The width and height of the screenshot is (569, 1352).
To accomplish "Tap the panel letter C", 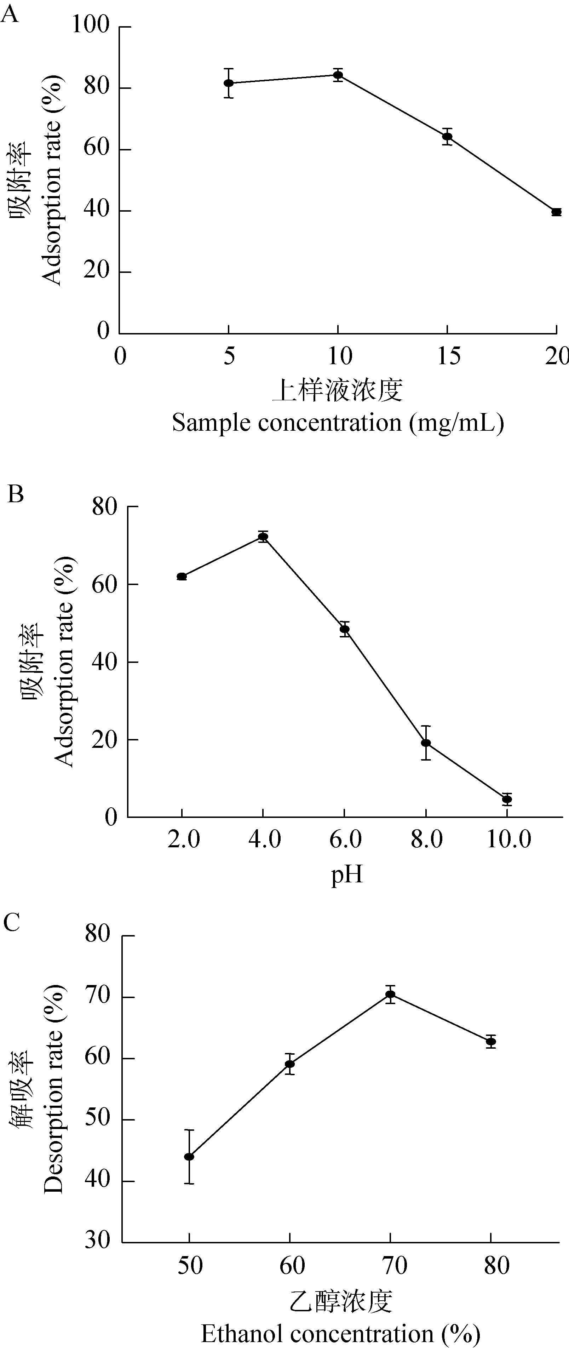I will [x=12, y=922].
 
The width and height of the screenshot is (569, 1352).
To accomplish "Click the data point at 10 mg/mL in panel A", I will [x=338, y=75].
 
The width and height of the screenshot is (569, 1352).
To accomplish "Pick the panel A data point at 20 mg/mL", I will [x=556, y=212].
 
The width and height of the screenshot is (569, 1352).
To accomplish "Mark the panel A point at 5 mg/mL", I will [x=228, y=83].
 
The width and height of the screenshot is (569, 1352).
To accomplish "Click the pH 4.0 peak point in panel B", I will [x=263, y=537].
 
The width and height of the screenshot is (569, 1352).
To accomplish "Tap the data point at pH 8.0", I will [x=426, y=743].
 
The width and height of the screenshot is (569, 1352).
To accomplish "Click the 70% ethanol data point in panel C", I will [x=390, y=994].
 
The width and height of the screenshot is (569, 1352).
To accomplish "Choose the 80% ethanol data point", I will [x=491, y=1042].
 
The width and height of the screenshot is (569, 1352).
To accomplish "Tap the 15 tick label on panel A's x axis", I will [x=448, y=356].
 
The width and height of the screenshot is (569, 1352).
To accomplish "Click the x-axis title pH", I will [x=346, y=875].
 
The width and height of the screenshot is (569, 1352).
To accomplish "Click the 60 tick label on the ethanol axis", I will [x=291, y=1265].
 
